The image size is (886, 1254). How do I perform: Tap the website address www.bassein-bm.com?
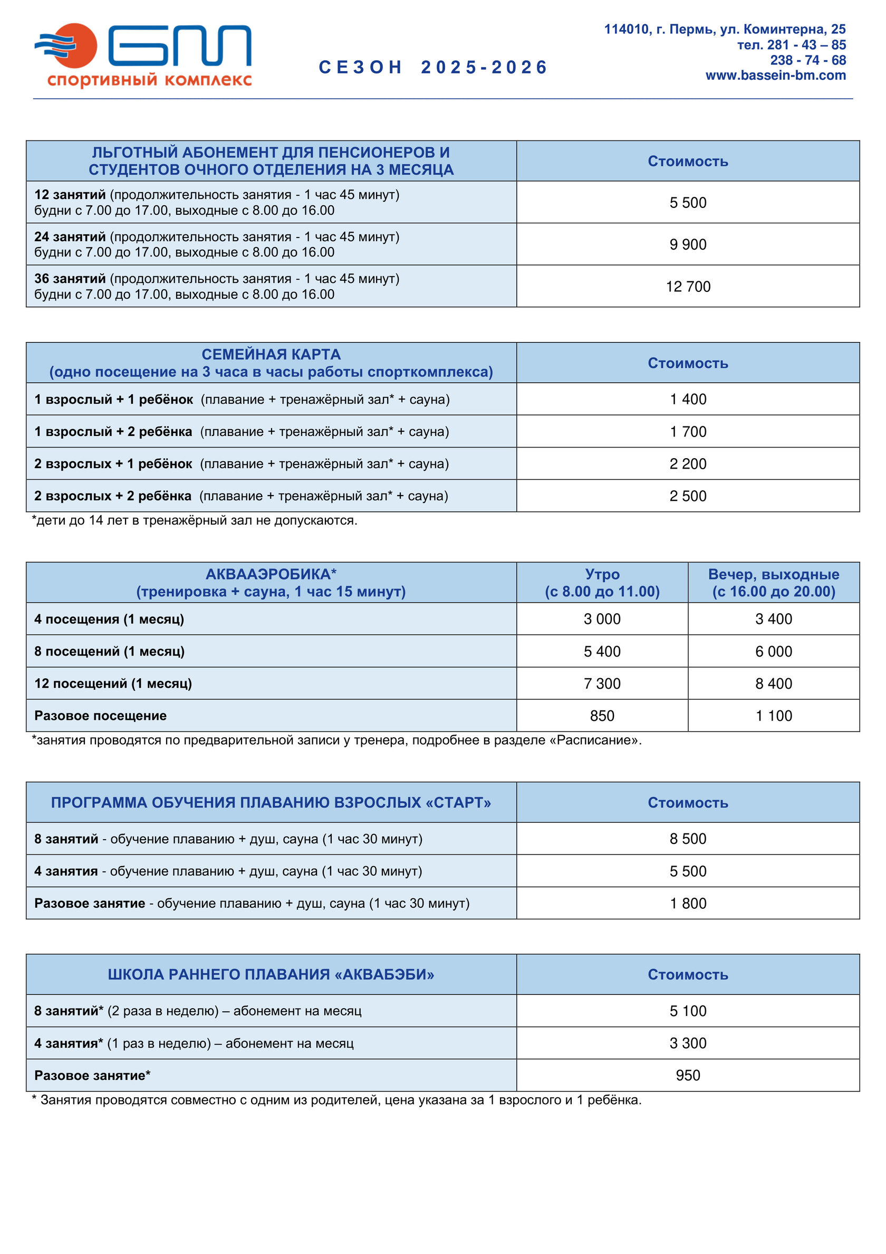coord(775,75)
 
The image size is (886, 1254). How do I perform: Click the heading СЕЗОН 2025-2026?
coord(433,67)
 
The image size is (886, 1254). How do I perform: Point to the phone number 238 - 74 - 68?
coord(807,60)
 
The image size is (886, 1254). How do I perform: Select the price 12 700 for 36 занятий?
coord(687,287)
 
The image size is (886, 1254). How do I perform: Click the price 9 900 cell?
coord(687,245)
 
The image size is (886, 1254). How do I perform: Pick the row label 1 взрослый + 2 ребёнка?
coord(113,432)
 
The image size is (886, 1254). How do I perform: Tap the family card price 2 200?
coord(687,464)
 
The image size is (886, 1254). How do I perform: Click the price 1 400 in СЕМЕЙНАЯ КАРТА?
coord(687,399)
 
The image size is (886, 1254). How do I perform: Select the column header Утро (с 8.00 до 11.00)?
coord(602,582)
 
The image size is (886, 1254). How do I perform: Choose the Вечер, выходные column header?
coord(773,582)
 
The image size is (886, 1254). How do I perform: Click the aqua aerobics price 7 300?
coord(602,683)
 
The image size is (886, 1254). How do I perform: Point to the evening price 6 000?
coord(773,651)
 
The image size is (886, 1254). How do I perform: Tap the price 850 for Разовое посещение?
coord(602,716)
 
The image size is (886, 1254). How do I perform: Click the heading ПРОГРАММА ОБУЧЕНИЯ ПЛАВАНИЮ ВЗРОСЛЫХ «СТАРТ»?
coord(271,802)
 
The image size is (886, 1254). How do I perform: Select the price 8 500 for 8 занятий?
coord(687,838)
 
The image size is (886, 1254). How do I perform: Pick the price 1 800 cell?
coord(687,904)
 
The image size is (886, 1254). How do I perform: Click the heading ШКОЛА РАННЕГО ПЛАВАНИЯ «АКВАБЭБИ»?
coord(271,974)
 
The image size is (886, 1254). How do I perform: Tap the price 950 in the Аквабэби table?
coord(687,1076)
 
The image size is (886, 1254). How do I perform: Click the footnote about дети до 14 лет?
coord(195,520)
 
